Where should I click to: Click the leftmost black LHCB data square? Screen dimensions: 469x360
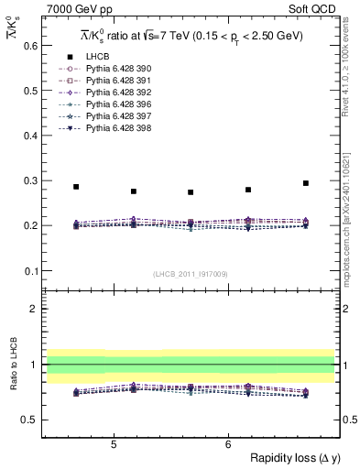coord(76,187)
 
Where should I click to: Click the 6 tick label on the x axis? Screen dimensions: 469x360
coord(227,444)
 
